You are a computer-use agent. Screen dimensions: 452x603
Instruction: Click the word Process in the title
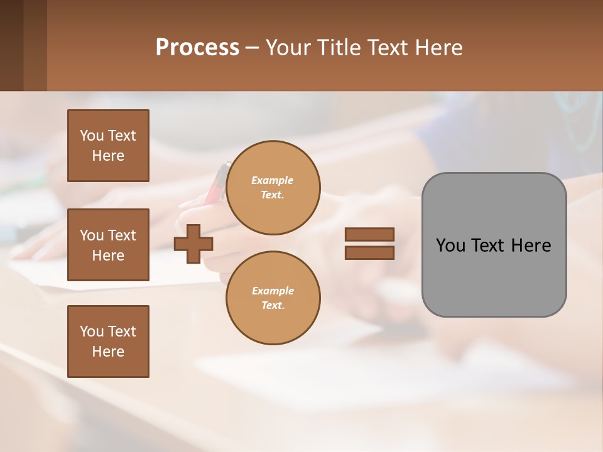pyautogui.click(x=197, y=47)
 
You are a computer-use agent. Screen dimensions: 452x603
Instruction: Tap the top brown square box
pyautogui.click(x=108, y=146)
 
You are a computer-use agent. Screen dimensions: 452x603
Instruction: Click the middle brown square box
pyautogui.click(x=108, y=245)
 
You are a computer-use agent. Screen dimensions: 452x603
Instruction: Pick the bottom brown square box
pyautogui.click(x=108, y=342)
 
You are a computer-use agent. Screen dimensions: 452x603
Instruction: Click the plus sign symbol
pyautogui.click(x=193, y=244)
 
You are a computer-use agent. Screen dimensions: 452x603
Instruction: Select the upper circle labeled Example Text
pyautogui.click(x=273, y=187)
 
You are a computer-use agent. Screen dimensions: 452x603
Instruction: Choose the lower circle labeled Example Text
pyautogui.click(x=273, y=298)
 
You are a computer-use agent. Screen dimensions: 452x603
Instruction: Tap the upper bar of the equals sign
pyautogui.click(x=369, y=235)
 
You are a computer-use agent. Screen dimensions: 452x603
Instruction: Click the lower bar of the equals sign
pyautogui.click(x=369, y=252)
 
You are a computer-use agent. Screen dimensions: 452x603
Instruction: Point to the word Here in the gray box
pyautogui.click(x=531, y=245)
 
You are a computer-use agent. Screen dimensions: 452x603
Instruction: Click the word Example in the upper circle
pyautogui.click(x=273, y=180)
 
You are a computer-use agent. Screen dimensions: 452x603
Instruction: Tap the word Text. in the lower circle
pyautogui.click(x=273, y=305)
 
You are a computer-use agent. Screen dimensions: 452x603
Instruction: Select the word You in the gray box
pyautogui.click(x=450, y=245)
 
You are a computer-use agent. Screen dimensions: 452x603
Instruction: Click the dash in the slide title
pyautogui.click(x=253, y=48)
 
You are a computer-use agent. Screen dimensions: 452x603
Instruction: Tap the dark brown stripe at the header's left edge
pyautogui.click(x=11, y=45)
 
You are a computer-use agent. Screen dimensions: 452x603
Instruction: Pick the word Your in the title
pyautogui.click(x=286, y=47)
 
